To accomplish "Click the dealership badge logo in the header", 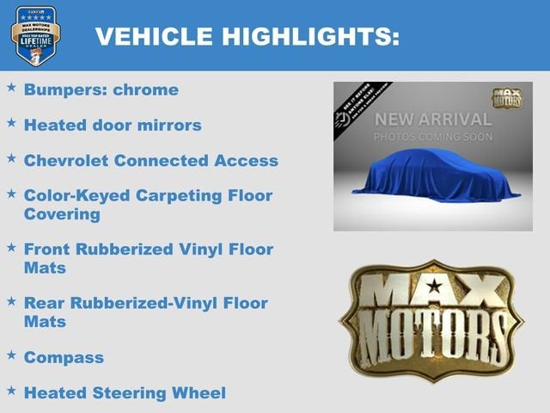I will [x=35, y=35].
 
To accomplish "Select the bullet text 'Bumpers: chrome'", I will [x=101, y=89].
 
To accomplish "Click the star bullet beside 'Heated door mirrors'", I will [x=11, y=123].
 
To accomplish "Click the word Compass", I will [x=64, y=357].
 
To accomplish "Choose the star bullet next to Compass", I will [x=11, y=354].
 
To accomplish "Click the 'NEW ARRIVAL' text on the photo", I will [x=432, y=119].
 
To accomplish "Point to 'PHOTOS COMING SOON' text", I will [x=432, y=137].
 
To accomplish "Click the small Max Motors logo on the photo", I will [x=506, y=98].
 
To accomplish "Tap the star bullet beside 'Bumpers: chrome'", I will [x=11, y=88].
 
